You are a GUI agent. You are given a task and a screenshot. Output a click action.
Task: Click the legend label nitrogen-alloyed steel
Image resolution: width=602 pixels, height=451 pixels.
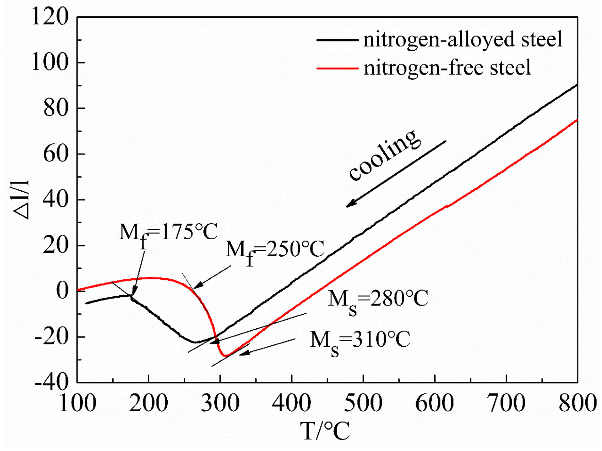click(462, 39)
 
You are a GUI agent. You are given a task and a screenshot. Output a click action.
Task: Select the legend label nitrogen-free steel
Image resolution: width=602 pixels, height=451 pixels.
click(447, 68)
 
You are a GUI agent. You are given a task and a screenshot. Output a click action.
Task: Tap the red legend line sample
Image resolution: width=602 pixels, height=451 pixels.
click(337, 68)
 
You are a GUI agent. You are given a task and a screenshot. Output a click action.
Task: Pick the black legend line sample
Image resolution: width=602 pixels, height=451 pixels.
click(337, 40)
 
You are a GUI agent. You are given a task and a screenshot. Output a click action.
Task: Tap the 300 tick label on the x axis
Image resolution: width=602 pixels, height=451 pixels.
click(220, 403)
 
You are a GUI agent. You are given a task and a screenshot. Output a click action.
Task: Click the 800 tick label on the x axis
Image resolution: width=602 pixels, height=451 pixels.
click(578, 403)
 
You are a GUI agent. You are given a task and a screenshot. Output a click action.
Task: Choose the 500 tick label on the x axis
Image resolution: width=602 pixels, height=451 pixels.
click(363, 403)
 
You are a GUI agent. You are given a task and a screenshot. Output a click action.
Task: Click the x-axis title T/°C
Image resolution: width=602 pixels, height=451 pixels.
click(325, 431)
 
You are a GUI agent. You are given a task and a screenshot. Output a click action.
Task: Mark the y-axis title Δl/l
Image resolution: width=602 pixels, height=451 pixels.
click(21, 200)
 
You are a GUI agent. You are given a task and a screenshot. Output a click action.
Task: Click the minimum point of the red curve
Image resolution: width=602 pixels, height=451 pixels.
click(225, 356)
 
